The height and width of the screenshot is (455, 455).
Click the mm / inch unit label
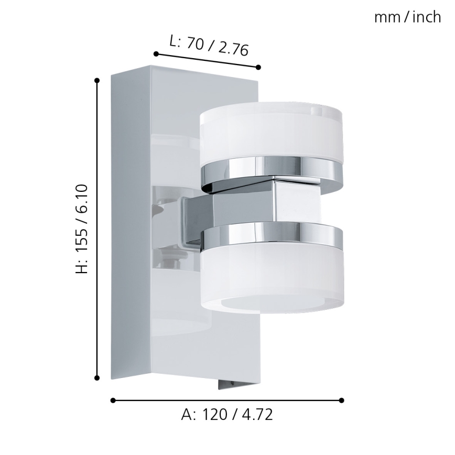(x=407, y=17)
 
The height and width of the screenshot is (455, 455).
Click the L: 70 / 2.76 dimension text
(x=209, y=46)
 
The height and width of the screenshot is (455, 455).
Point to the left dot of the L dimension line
(x=156, y=53)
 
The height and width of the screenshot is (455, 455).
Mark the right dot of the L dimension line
(x=258, y=67)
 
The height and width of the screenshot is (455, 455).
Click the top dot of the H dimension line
(x=97, y=80)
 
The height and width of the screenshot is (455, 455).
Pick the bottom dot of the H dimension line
(x=97, y=377)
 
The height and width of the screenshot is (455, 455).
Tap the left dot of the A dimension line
(x=113, y=400)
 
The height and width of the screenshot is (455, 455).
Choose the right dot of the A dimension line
(x=341, y=400)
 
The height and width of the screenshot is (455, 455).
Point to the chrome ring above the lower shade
(x=272, y=235)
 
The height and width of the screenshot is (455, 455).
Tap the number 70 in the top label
(x=195, y=44)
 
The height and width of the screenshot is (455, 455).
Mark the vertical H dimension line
(x=97, y=315)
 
